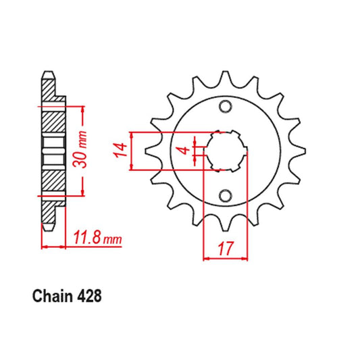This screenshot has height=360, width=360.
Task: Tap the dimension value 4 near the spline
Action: (x=180, y=150)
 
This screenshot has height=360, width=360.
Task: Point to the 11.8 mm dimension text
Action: (x=97, y=238)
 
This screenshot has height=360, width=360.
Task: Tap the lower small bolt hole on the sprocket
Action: (x=225, y=195)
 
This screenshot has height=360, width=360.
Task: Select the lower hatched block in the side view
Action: (x=52, y=181)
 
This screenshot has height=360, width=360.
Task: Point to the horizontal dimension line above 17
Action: (x=224, y=258)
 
